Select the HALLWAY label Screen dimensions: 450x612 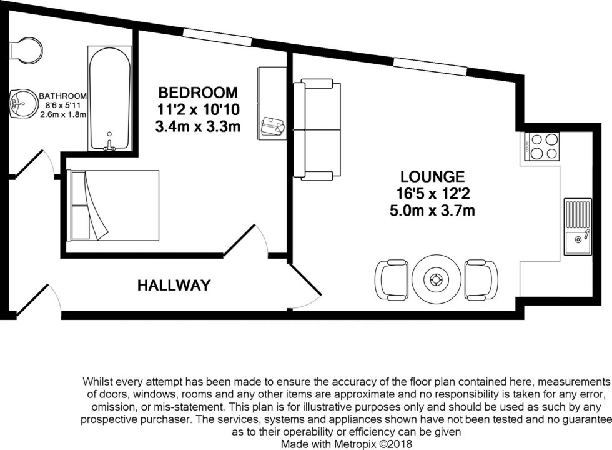click(x=174, y=286)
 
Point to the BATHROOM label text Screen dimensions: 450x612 click(x=62, y=96)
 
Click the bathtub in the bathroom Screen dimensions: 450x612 click(x=109, y=98)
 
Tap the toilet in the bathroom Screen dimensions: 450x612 click(x=28, y=50)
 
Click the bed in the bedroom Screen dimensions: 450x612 click(x=112, y=205)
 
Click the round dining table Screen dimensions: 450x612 click(x=435, y=279)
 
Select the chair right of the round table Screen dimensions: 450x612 click(x=481, y=279)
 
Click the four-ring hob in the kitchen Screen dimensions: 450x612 click(x=541, y=146)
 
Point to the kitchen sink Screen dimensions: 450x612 click(x=577, y=227)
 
